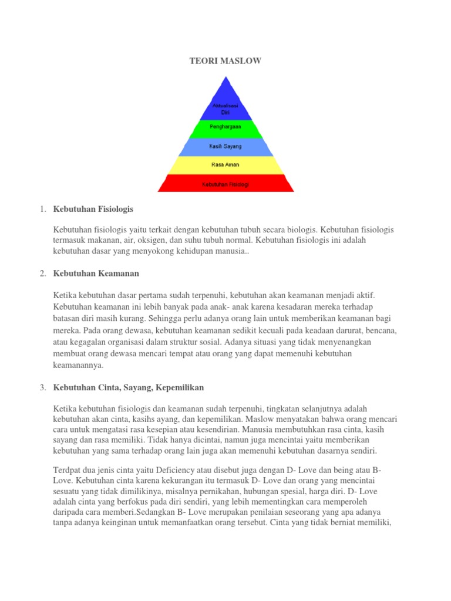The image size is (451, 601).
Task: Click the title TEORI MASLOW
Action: tap(225, 60)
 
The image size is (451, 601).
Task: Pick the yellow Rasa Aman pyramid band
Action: tap(225, 165)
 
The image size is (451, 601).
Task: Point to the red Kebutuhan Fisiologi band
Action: tap(225, 184)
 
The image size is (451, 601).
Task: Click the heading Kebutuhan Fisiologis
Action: tap(93, 208)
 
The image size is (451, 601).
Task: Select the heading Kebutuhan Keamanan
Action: tap(96, 274)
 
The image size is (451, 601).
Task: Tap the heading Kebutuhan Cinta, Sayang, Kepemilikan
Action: tap(129, 387)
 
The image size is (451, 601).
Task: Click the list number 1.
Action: tap(42, 208)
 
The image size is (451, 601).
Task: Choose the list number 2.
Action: tap(42, 274)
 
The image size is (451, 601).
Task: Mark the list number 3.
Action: tap(42, 387)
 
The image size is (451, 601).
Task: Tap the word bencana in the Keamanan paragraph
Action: tap(379, 330)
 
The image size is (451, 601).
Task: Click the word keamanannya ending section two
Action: tap(78, 364)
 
